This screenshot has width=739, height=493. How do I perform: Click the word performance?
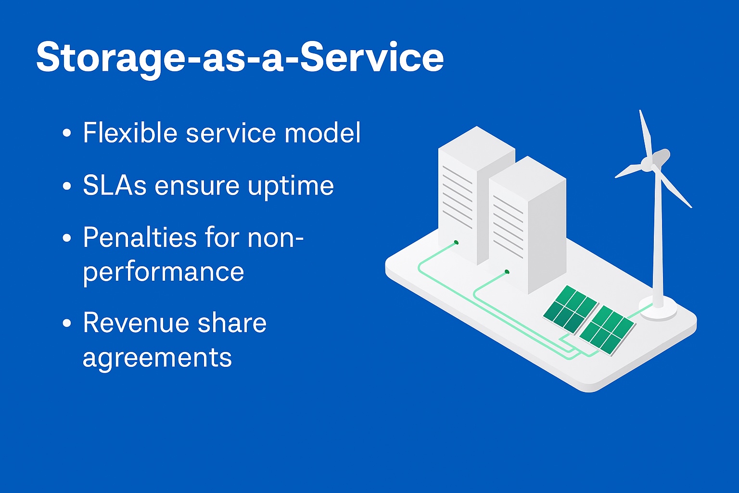[x=164, y=272]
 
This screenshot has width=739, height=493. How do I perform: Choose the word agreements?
[x=157, y=358]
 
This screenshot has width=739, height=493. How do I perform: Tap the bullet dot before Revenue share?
[x=67, y=323]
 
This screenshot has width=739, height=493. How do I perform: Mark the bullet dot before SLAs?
[x=67, y=186]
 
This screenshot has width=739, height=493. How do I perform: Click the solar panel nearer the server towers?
[x=570, y=309]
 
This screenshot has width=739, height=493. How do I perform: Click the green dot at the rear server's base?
[x=456, y=242]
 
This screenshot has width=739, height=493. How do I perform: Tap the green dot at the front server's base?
[x=507, y=272]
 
